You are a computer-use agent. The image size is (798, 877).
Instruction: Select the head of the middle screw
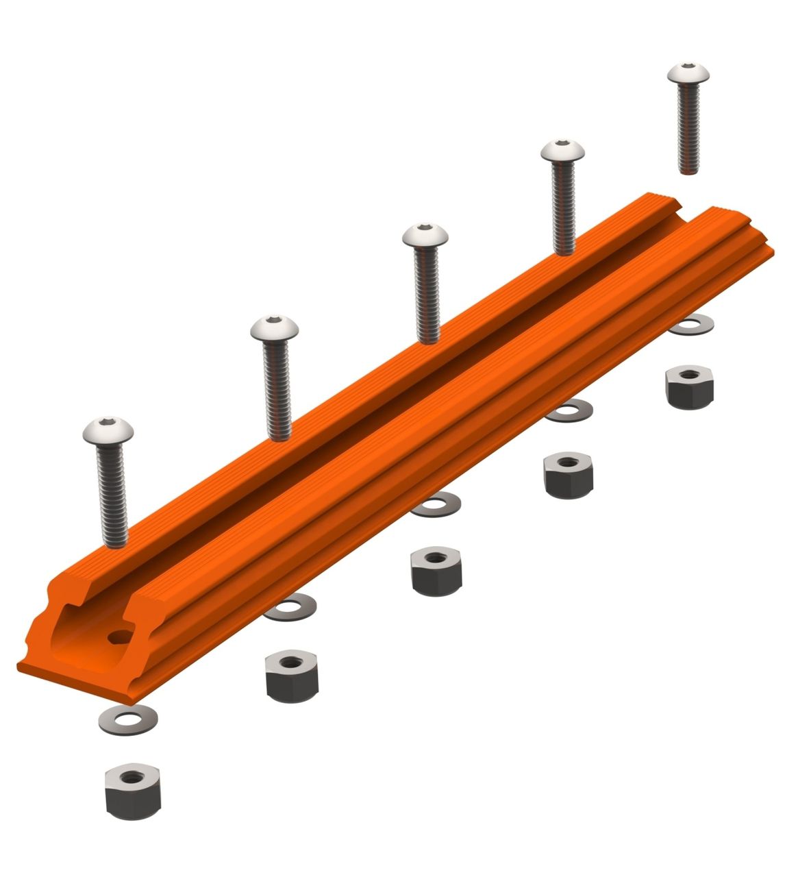pyautogui.click(x=425, y=235)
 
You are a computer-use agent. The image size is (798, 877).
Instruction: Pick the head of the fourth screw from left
pyautogui.click(x=563, y=150)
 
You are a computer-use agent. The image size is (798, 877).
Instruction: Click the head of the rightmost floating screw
pyautogui.click(x=688, y=73)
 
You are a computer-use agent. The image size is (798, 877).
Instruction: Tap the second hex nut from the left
pyautogui.click(x=291, y=676)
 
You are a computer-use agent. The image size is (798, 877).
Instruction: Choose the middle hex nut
pyautogui.click(x=436, y=570)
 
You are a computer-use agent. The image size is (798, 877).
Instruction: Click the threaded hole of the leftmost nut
pyautogui.click(x=132, y=778)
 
